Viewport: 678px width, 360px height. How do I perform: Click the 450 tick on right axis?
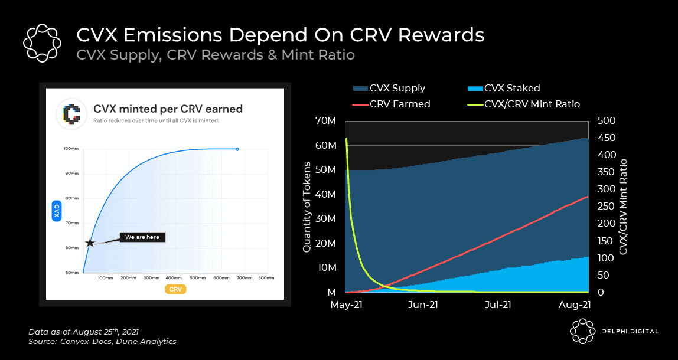pos(607,138)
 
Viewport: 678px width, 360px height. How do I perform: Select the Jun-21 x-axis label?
pos(423,305)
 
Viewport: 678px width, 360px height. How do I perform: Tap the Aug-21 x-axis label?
pos(575,305)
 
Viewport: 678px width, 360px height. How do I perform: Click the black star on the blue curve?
pos(90,243)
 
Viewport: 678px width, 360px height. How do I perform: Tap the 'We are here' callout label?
pos(142,237)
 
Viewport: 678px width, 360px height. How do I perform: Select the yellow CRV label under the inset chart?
pos(175,289)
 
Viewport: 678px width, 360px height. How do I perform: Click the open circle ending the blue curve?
pos(237,149)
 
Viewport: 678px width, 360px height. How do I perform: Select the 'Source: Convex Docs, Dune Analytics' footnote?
pos(102,341)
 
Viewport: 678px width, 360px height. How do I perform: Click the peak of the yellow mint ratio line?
pos(346,139)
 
